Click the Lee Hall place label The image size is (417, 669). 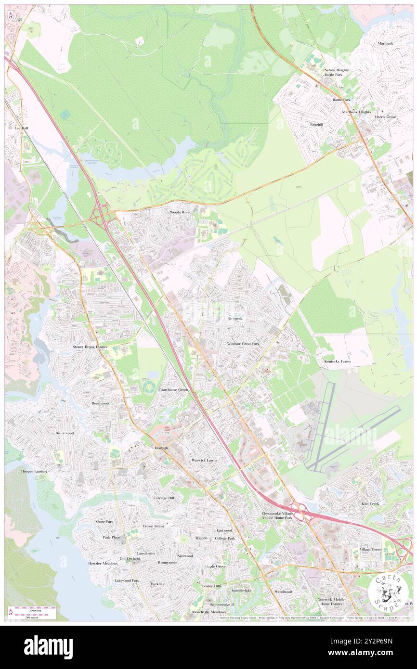pos(22,129)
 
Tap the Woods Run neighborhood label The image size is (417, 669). pos(179,212)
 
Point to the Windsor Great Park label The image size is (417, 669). pos(243,344)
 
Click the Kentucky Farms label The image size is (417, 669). pos(337,361)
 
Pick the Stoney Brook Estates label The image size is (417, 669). pos(90,347)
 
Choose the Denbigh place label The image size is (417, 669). pos(161,448)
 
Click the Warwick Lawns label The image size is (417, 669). pos(204,460)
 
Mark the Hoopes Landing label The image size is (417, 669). pos(34,471)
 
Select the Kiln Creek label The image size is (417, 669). pos(370,503)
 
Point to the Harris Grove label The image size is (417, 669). pos(386,117)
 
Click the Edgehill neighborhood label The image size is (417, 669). pos(316,124)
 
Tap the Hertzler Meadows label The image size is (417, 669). pos(103,563)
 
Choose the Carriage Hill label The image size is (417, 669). pos(164,498)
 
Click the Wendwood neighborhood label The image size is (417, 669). pos(283,592)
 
